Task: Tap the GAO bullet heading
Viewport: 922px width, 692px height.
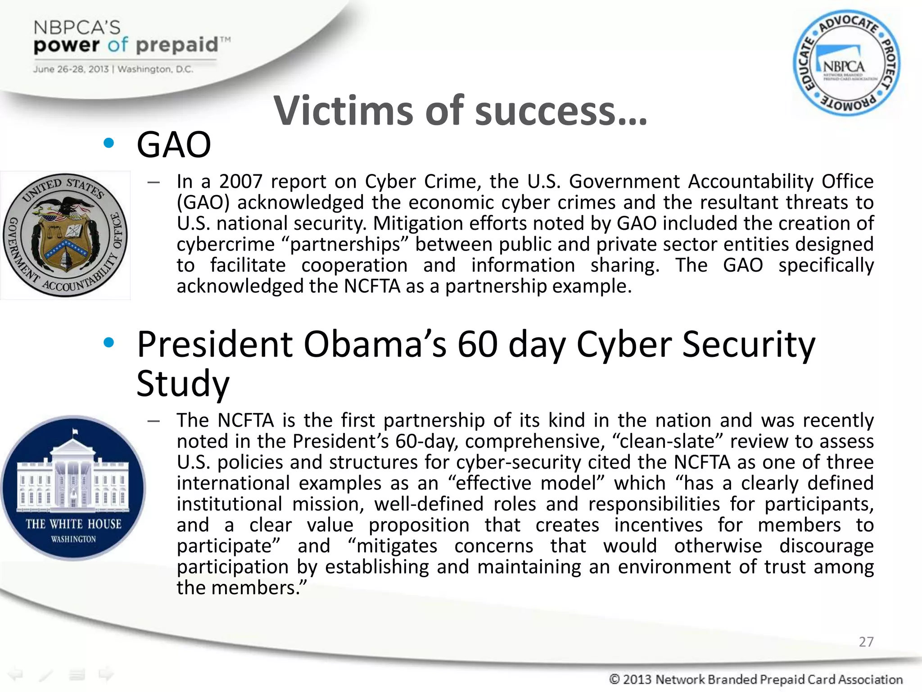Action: click(174, 145)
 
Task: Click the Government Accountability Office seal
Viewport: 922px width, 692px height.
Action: click(66, 235)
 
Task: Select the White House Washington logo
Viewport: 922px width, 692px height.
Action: click(73, 487)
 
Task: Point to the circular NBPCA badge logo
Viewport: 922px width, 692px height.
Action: click(846, 63)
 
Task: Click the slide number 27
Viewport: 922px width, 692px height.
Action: click(866, 642)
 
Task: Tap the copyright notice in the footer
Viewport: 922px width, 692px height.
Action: click(755, 679)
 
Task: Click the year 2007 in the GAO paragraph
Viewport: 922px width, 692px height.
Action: click(240, 182)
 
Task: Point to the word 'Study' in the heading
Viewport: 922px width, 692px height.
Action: click(183, 384)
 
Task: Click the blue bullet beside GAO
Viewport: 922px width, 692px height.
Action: click(108, 144)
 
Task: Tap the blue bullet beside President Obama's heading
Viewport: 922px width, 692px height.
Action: click(108, 343)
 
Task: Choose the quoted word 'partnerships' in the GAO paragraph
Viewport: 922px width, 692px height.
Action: click(344, 245)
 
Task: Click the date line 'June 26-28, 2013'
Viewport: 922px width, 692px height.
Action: click(71, 69)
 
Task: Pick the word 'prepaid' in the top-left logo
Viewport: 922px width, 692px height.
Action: click(177, 45)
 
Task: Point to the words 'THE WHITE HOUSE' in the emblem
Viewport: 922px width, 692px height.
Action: click(73, 524)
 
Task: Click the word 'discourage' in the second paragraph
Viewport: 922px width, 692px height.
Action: click(826, 546)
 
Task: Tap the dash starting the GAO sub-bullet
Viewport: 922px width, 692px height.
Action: click(154, 182)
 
